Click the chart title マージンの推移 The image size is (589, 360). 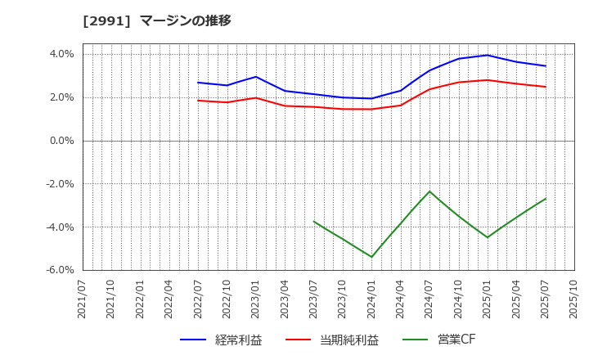[x=185, y=20]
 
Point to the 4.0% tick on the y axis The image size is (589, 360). [x=62, y=54]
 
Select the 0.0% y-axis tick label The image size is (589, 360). [x=62, y=141]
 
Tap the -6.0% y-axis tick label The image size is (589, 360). [x=61, y=270]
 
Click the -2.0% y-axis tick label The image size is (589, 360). [x=61, y=184]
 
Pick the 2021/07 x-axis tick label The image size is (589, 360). [x=82, y=299]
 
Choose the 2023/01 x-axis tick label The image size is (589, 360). [x=256, y=299]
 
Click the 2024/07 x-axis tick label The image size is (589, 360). [x=429, y=299]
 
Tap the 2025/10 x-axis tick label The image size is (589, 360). [x=574, y=299]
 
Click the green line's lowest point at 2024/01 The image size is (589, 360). [x=371, y=257]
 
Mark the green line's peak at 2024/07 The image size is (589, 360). [x=429, y=191]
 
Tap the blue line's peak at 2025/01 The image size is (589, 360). [x=488, y=56]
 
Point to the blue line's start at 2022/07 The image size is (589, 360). [x=198, y=82]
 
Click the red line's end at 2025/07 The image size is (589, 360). [x=546, y=87]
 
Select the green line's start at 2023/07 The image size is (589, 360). [x=314, y=222]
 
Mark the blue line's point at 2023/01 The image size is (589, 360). [x=256, y=77]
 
